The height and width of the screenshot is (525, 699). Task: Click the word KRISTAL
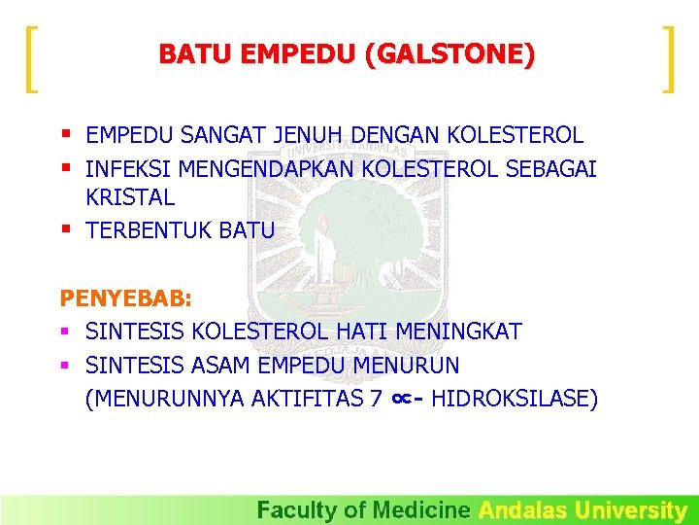pyautogui.click(x=130, y=197)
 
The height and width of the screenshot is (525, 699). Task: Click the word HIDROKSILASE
pyautogui.click(x=515, y=399)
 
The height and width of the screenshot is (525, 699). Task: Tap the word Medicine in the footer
pyautogui.click(x=422, y=509)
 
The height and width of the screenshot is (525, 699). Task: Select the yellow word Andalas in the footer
pyautogui.click(x=523, y=509)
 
